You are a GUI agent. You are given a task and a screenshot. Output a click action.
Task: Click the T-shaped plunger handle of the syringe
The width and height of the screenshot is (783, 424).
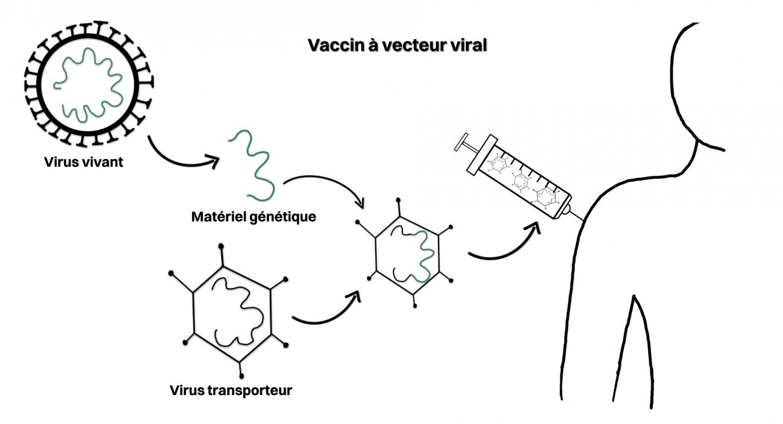click(466, 145)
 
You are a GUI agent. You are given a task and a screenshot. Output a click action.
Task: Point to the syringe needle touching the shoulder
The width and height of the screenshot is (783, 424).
click(577, 215)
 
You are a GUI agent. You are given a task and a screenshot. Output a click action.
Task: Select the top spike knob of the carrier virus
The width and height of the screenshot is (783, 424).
click(222, 246)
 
